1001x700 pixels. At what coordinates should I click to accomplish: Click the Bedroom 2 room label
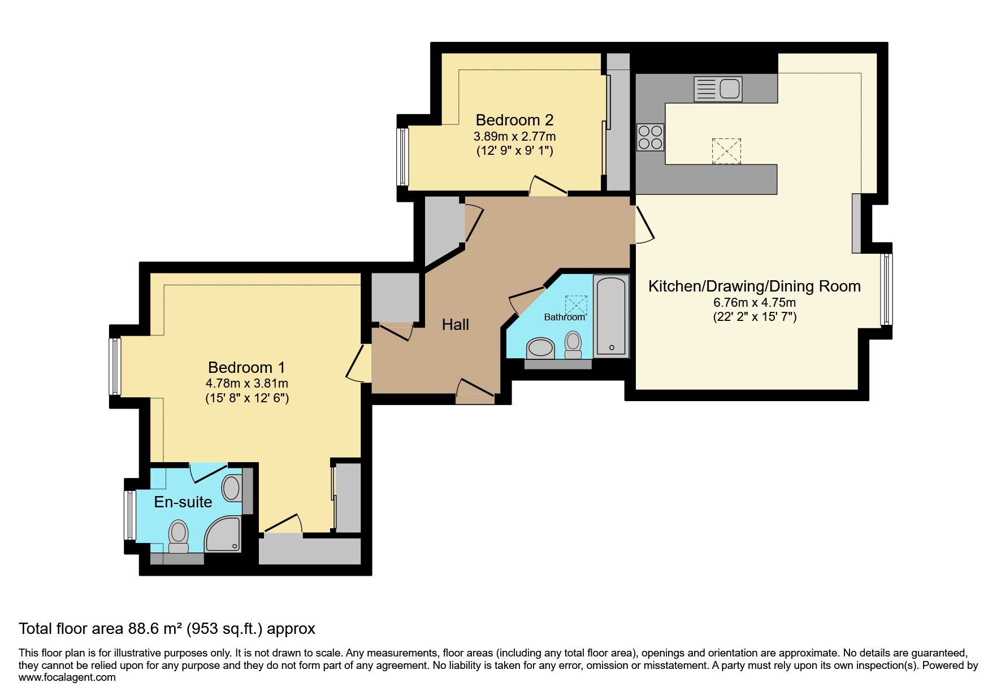[x=514, y=120]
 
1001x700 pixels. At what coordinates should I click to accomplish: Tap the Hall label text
[x=456, y=324]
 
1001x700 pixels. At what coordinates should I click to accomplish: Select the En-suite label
[x=183, y=502]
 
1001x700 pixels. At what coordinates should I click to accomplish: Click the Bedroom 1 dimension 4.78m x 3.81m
[x=247, y=383]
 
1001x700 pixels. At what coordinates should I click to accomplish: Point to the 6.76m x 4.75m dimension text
[x=755, y=302]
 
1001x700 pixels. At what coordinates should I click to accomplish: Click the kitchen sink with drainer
[x=718, y=89]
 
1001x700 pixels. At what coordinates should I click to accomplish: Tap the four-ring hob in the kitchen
[x=650, y=137]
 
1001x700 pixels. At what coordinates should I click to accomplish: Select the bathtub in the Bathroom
[x=611, y=316]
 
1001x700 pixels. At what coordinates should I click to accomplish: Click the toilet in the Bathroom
[x=573, y=345]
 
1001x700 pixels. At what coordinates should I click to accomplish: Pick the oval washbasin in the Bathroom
[x=540, y=348]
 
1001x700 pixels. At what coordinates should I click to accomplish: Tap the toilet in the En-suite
[x=179, y=537]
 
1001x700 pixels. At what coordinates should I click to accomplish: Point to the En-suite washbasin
[x=231, y=488]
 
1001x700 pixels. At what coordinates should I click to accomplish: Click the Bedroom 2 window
[x=402, y=156]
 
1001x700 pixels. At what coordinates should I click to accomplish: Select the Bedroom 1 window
[x=115, y=366]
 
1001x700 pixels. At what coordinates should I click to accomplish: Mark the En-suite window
[x=130, y=515]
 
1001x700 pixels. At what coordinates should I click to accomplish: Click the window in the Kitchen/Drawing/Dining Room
[x=886, y=289]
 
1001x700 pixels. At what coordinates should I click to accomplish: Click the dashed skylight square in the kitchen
[x=726, y=151]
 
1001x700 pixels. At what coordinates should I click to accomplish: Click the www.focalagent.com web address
[x=67, y=677]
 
